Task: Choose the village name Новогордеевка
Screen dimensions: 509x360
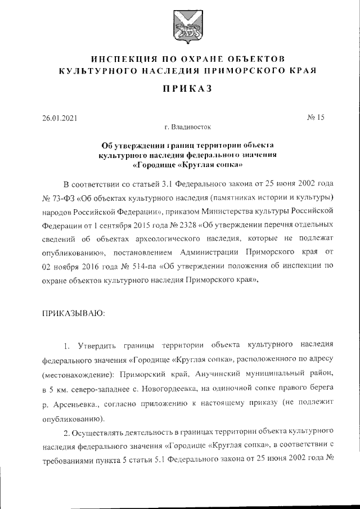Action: [x=191, y=388]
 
